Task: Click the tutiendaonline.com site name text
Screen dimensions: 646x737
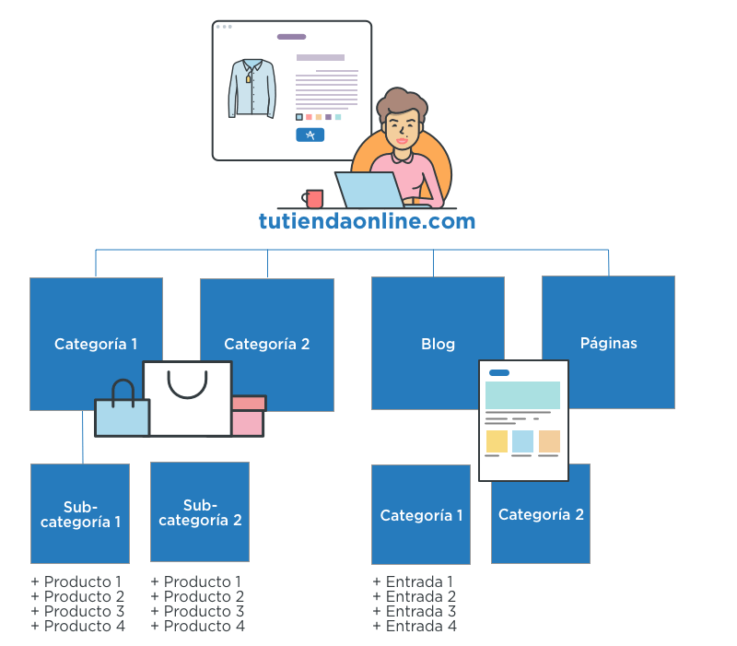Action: click(x=367, y=221)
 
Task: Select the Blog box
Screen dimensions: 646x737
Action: click(x=438, y=343)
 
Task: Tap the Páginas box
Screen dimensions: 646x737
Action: click(x=608, y=342)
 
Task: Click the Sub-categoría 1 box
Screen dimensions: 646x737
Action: click(x=80, y=513)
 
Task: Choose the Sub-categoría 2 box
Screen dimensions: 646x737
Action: click(x=200, y=512)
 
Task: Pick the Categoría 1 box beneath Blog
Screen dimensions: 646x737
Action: click(x=421, y=515)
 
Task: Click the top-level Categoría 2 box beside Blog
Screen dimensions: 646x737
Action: click(x=267, y=344)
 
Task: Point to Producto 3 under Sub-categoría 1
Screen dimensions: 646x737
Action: click(x=78, y=611)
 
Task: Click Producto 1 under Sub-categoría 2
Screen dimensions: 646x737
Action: click(x=198, y=581)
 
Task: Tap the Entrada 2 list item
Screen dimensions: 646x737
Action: click(x=415, y=596)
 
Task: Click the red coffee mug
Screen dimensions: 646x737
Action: click(x=314, y=198)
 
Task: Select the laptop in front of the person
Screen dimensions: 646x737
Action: click(x=369, y=190)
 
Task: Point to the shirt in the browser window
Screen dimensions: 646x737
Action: click(x=252, y=88)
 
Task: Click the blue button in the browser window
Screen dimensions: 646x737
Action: click(x=310, y=135)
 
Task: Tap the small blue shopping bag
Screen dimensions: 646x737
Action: click(x=123, y=415)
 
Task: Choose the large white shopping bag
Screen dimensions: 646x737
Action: click(x=188, y=401)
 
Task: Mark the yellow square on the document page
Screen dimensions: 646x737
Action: click(x=497, y=441)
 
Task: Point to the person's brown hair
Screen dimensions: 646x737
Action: click(x=402, y=102)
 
